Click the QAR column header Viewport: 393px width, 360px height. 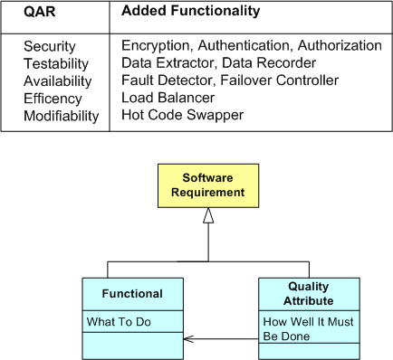coord(40,12)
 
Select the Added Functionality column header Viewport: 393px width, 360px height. coord(190,12)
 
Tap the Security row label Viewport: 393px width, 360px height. coord(50,46)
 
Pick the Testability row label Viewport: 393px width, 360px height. coord(54,63)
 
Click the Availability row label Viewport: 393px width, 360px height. coord(57,81)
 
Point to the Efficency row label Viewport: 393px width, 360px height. coord(53,99)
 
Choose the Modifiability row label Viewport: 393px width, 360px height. coord(61,116)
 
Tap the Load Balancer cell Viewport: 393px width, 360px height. coord(168,98)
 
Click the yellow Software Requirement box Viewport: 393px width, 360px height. coord(207,185)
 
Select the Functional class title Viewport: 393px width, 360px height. coord(132,293)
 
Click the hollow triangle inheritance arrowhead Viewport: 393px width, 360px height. coord(207,215)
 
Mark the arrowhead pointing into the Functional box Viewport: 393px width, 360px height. coord(187,340)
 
